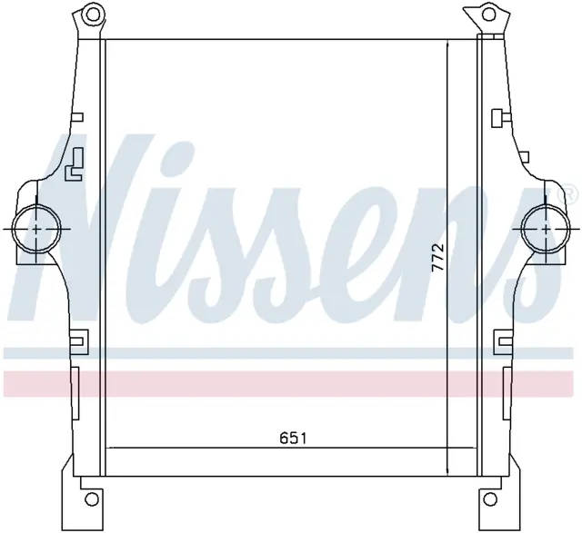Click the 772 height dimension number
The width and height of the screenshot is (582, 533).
[438, 259]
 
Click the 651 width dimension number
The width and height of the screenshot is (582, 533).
[293, 439]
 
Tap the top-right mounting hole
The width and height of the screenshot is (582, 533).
[490, 15]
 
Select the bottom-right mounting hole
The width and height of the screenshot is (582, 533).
[491, 498]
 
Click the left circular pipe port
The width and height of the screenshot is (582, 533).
[36, 230]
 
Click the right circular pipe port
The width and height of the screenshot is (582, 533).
[546, 230]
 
